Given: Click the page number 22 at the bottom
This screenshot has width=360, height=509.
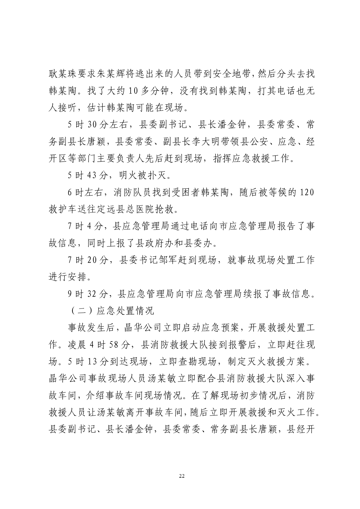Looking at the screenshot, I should point(182,476).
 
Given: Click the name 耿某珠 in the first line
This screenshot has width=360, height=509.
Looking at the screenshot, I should point(62,74).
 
